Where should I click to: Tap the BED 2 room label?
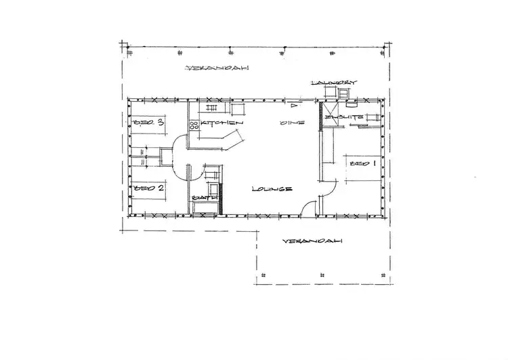pyautogui.click(x=150, y=188)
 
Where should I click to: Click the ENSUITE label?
pyautogui.click(x=346, y=118)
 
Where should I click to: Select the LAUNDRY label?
pyautogui.click(x=332, y=83)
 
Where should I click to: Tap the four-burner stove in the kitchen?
pyautogui.click(x=193, y=124)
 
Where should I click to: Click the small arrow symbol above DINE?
pyautogui.click(x=293, y=106)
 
